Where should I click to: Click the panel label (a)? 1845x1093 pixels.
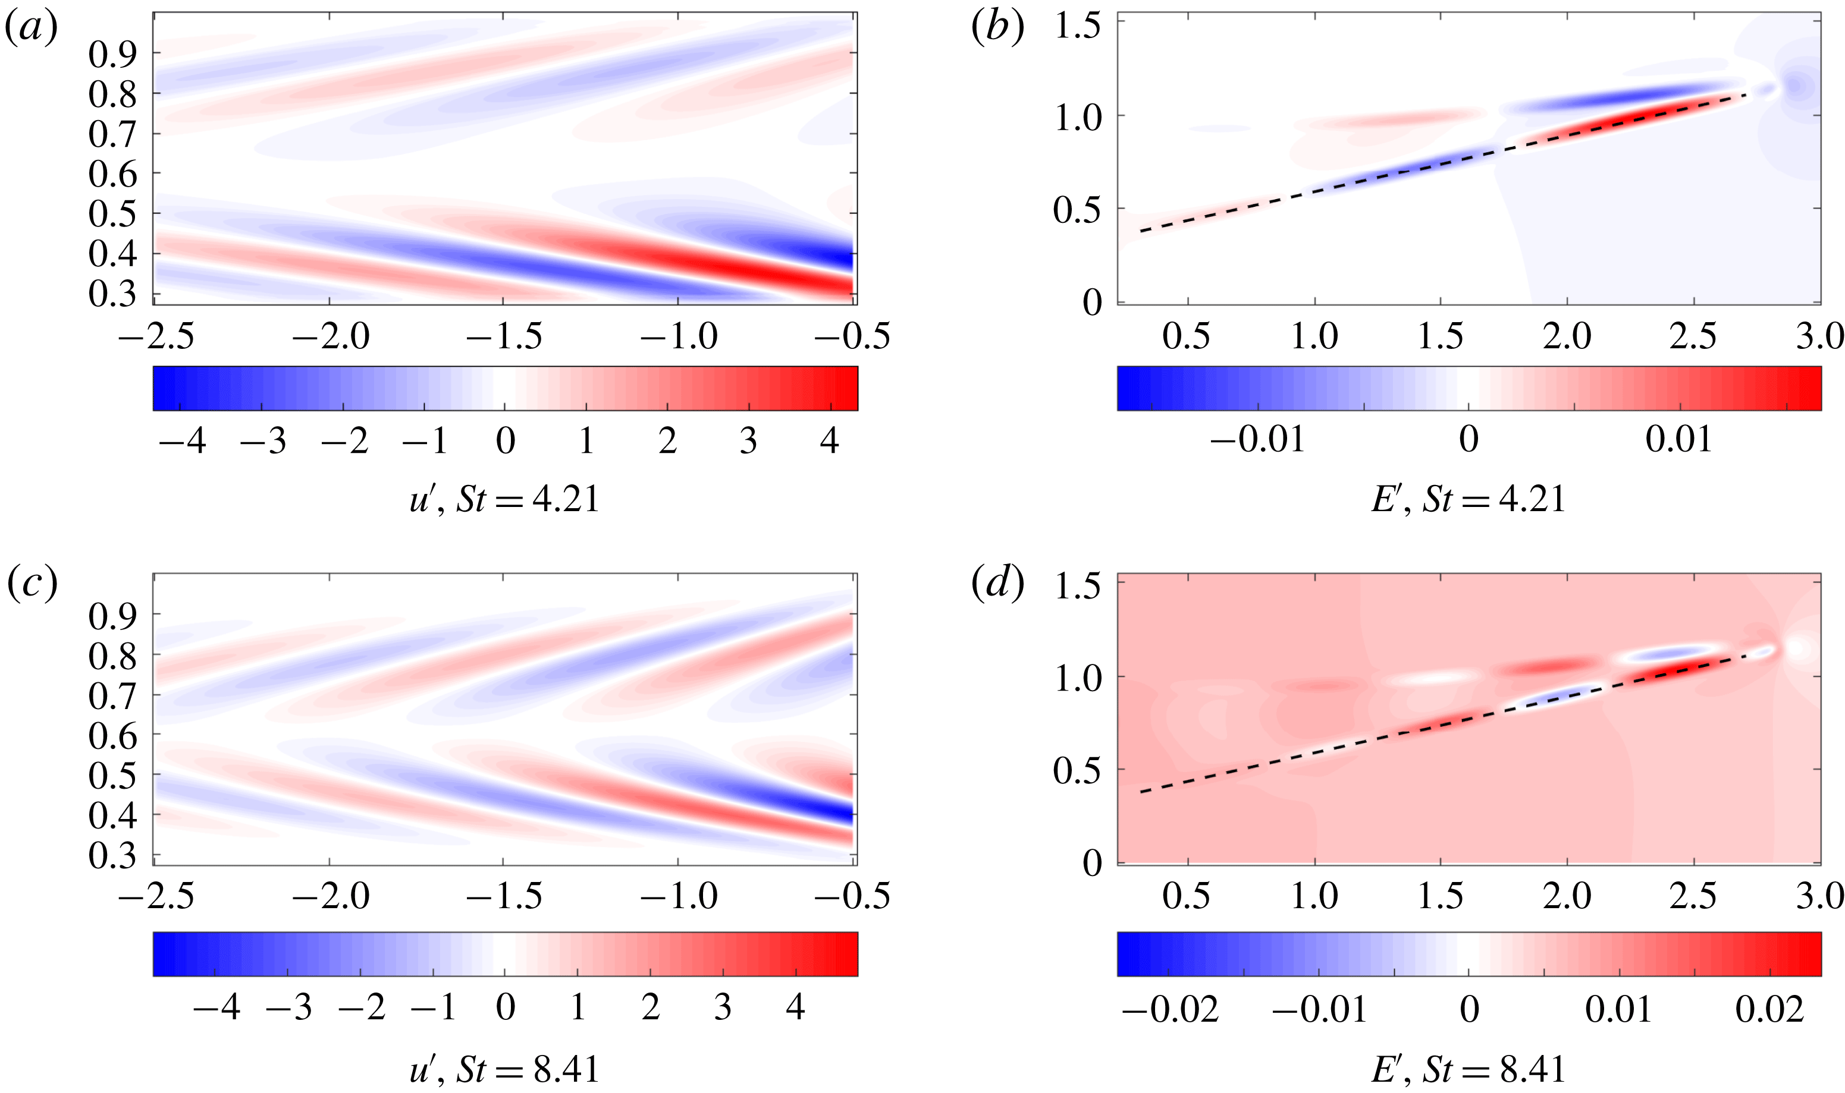pyautogui.click(x=31, y=30)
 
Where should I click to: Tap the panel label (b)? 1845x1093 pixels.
pyautogui.click(x=997, y=30)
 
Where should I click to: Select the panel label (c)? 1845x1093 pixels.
pyautogui.click(x=31, y=584)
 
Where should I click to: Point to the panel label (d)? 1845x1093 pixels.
pyautogui.click(x=997, y=584)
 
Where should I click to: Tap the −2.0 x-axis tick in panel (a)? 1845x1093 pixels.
pyautogui.click(x=330, y=336)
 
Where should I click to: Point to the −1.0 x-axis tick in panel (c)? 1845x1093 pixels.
pyautogui.click(x=678, y=896)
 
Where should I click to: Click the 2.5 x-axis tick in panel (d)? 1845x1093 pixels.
pyautogui.click(x=1693, y=896)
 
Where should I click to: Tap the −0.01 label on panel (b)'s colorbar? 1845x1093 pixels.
pyautogui.click(x=1257, y=440)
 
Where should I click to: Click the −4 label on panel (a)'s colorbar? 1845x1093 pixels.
pyautogui.click(x=182, y=441)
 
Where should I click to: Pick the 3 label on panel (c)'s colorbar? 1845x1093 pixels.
pyautogui.click(x=722, y=1007)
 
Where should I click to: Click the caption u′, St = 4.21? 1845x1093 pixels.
pyautogui.click(x=505, y=500)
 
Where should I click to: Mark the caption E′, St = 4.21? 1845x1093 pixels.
pyautogui.click(x=1468, y=500)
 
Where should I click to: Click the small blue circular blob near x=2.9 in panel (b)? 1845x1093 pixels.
pyautogui.click(x=1795, y=86)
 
